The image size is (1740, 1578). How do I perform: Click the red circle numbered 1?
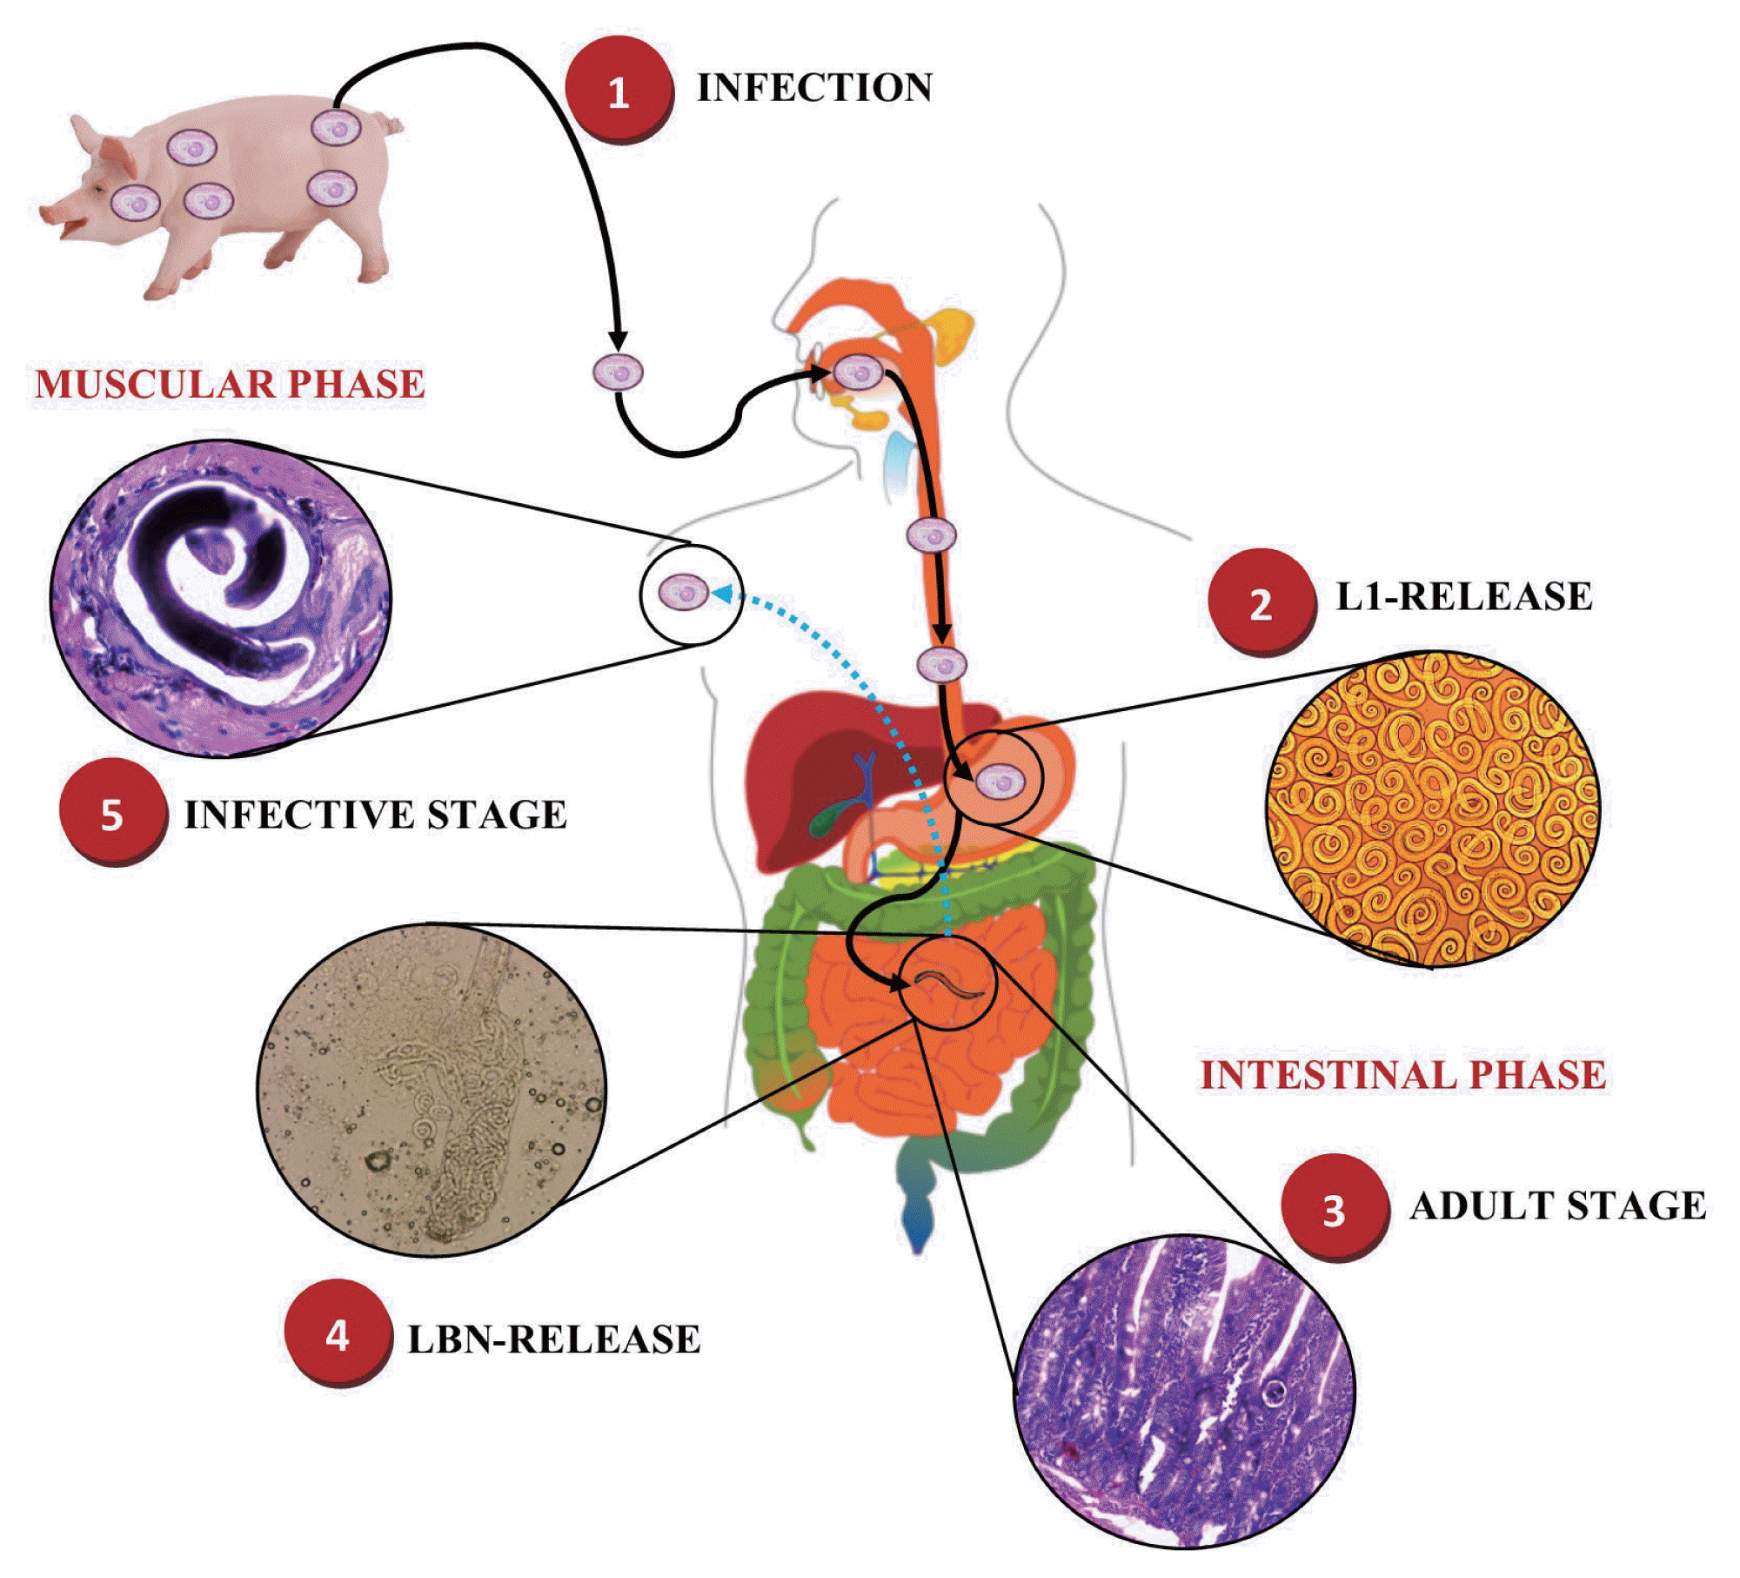coord(619,90)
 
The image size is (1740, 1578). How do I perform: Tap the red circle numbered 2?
coord(1261,601)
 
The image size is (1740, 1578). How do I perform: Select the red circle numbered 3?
coord(1334,1207)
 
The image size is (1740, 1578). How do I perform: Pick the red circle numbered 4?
coord(338,1333)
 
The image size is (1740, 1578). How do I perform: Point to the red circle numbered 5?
coord(112,814)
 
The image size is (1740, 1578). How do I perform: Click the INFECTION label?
coord(814,88)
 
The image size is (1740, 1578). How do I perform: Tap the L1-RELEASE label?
coord(1464,597)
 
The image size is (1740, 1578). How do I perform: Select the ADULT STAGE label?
coord(1558,1206)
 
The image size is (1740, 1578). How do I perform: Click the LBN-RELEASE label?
coord(554,1339)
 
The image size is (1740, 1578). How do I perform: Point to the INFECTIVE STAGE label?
coord(375,815)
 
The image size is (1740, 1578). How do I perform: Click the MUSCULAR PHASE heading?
coord(230,385)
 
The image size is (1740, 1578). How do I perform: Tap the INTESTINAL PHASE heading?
coord(1403,1075)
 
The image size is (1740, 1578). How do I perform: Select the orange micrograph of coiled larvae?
coord(1432,809)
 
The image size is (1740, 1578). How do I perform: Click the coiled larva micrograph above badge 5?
coord(221,597)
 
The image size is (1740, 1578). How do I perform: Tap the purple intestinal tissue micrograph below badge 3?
coord(1184,1390)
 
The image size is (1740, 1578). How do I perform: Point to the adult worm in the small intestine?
coord(948,986)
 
